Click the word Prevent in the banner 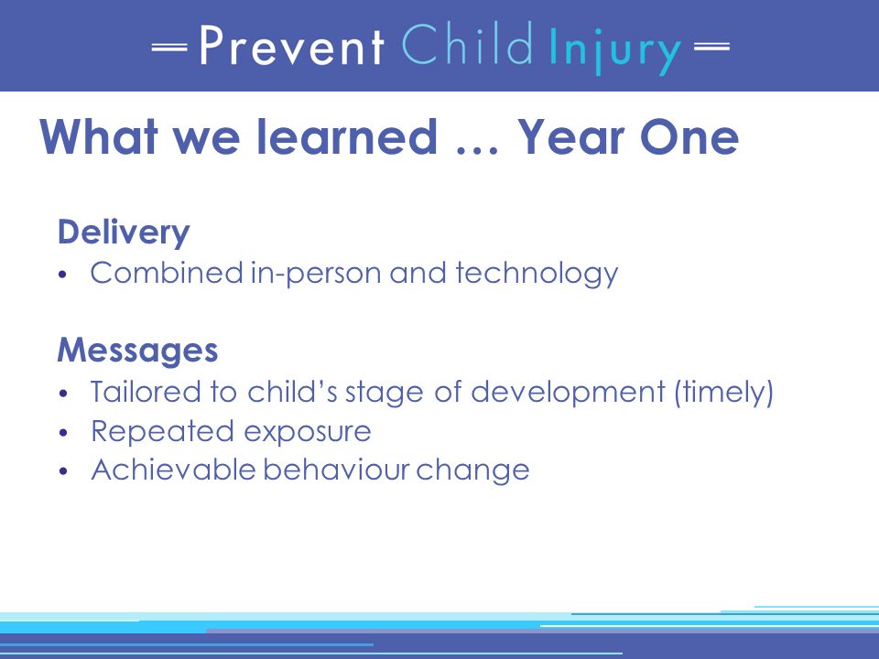click(x=292, y=46)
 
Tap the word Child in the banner click(x=466, y=44)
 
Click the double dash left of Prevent click(x=168, y=47)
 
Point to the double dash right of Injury click(x=711, y=47)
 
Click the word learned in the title click(x=346, y=136)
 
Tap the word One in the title click(x=689, y=136)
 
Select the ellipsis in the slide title click(x=476, y=149)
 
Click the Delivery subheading click(x=124, y=232)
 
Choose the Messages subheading click(x=137, y=350)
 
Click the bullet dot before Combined click(x=63, y=275)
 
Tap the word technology click(x=537, y=274)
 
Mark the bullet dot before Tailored click(x=63, y=394)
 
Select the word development click(x=568, y=392)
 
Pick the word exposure click(x=308, y=432)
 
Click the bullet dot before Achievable click(x=63, y=471)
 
